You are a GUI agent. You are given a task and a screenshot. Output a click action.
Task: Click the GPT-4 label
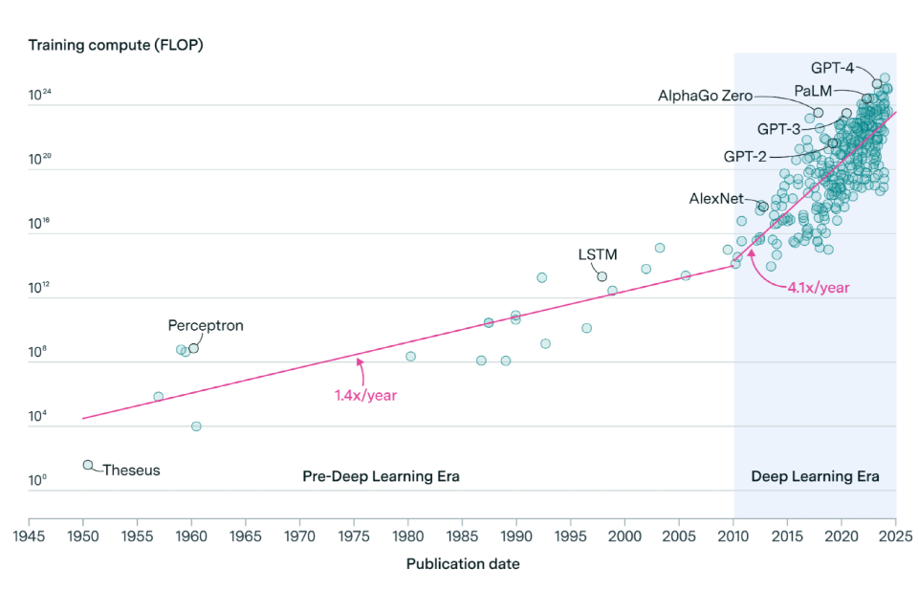833,68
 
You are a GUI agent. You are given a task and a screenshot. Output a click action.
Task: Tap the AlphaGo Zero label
705,96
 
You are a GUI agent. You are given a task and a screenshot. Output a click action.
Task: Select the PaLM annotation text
813,91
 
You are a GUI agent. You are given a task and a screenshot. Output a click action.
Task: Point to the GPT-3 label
778,129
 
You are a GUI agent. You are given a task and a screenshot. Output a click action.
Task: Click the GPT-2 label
745,156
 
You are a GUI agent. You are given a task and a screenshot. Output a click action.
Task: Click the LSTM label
598,254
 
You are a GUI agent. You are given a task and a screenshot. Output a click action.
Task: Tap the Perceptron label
206,325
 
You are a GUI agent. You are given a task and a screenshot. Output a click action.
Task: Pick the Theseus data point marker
88,465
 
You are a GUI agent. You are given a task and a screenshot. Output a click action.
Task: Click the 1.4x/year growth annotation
365,394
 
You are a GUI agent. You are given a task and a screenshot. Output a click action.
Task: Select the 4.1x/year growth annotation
819,287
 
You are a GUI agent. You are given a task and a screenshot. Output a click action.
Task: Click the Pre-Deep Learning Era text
382,476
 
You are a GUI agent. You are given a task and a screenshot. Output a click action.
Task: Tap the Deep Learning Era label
815,476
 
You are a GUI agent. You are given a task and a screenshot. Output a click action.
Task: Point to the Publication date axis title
463,564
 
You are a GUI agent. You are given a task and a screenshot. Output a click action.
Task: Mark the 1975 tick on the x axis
355,536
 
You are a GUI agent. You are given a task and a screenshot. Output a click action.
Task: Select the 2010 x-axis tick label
733,536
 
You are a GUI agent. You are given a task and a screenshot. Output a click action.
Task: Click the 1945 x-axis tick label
30,536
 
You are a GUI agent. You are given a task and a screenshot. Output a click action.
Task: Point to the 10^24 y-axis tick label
41,96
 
